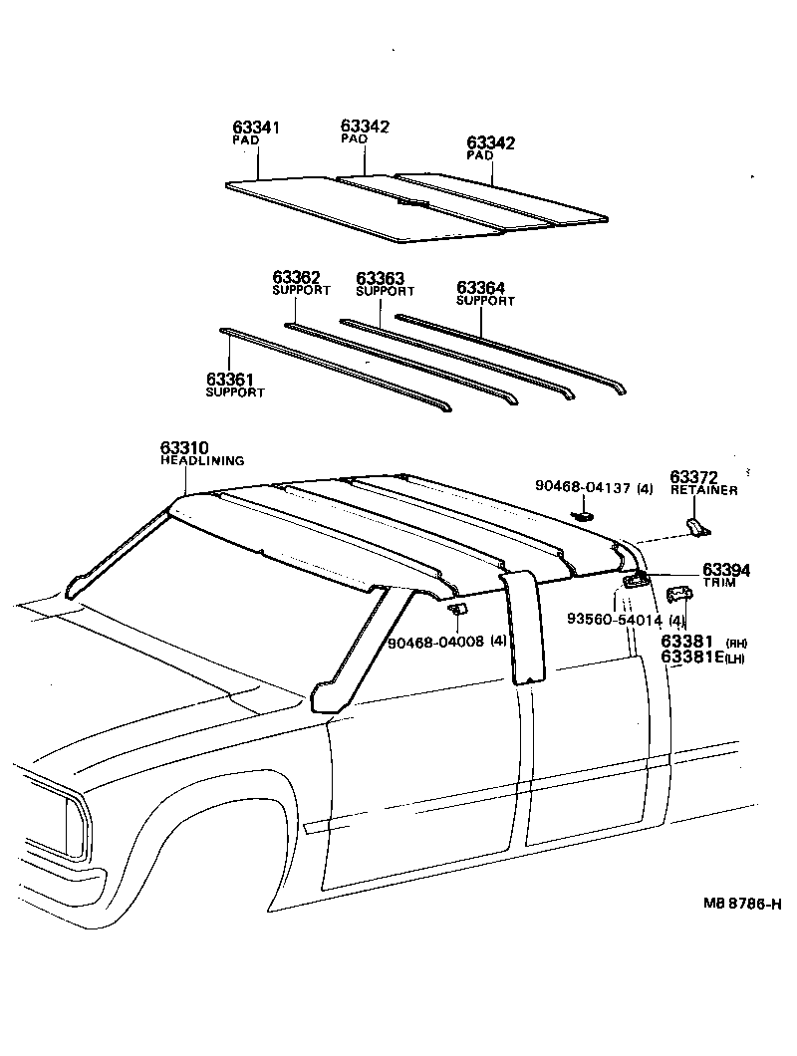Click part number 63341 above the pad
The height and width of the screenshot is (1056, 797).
coord(256,128)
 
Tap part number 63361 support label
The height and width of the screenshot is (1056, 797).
coord(230,379)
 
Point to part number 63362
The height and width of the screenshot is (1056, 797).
coord(297,277)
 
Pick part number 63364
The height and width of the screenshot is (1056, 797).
coord(481,287)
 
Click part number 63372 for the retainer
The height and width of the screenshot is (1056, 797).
coord(694,477)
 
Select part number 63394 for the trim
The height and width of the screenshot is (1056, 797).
coord(726,569)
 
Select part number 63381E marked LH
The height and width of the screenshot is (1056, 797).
coord(693,658)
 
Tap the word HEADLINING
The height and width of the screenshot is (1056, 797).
coord(202,460)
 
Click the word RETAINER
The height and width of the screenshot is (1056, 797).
coord(703,490)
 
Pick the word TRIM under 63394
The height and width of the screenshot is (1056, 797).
coord(719,582)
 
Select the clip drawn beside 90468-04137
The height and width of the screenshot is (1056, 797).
coord(583,516)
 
